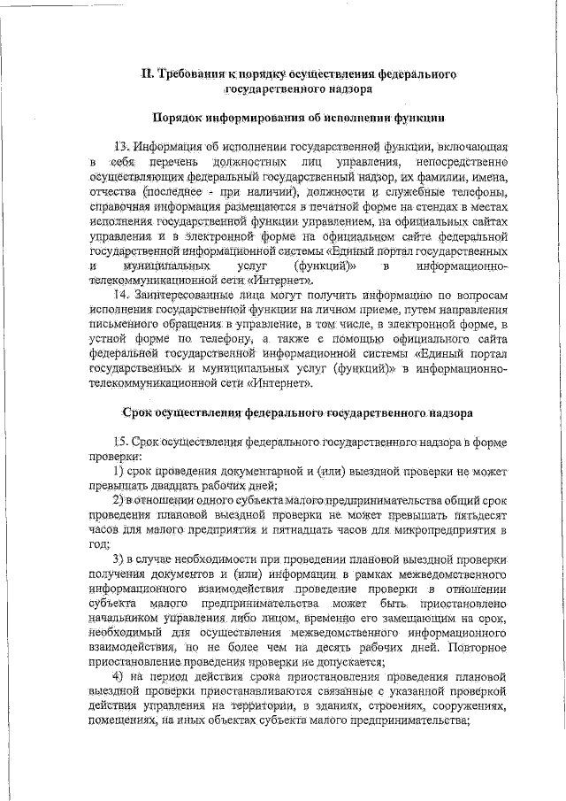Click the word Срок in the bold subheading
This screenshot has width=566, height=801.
pos(139,412)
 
